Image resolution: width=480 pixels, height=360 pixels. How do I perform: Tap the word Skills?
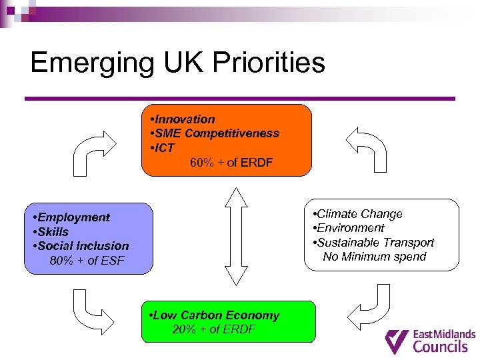(53, 232)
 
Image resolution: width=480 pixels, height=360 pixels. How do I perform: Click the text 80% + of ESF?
(87, 261)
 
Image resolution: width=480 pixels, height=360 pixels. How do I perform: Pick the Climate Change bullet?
(359, 214)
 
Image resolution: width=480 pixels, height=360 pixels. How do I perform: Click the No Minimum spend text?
(374, 257)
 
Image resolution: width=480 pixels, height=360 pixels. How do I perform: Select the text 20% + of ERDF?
(214, 329)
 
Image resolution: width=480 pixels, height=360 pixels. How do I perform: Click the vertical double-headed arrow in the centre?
(236, 236)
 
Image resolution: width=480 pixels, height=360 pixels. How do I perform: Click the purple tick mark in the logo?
(398, 341)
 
